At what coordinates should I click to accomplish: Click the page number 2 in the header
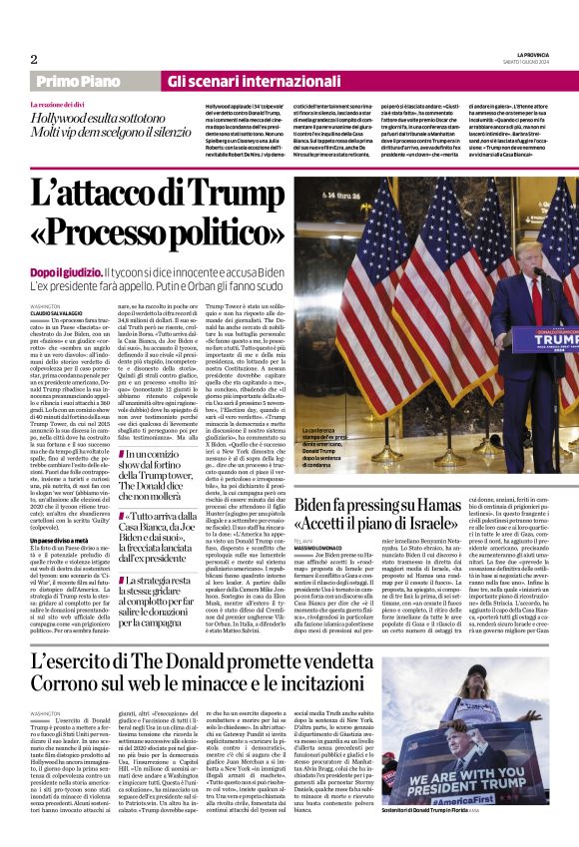point(33,59)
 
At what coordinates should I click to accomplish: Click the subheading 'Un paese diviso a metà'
point(60,540)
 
